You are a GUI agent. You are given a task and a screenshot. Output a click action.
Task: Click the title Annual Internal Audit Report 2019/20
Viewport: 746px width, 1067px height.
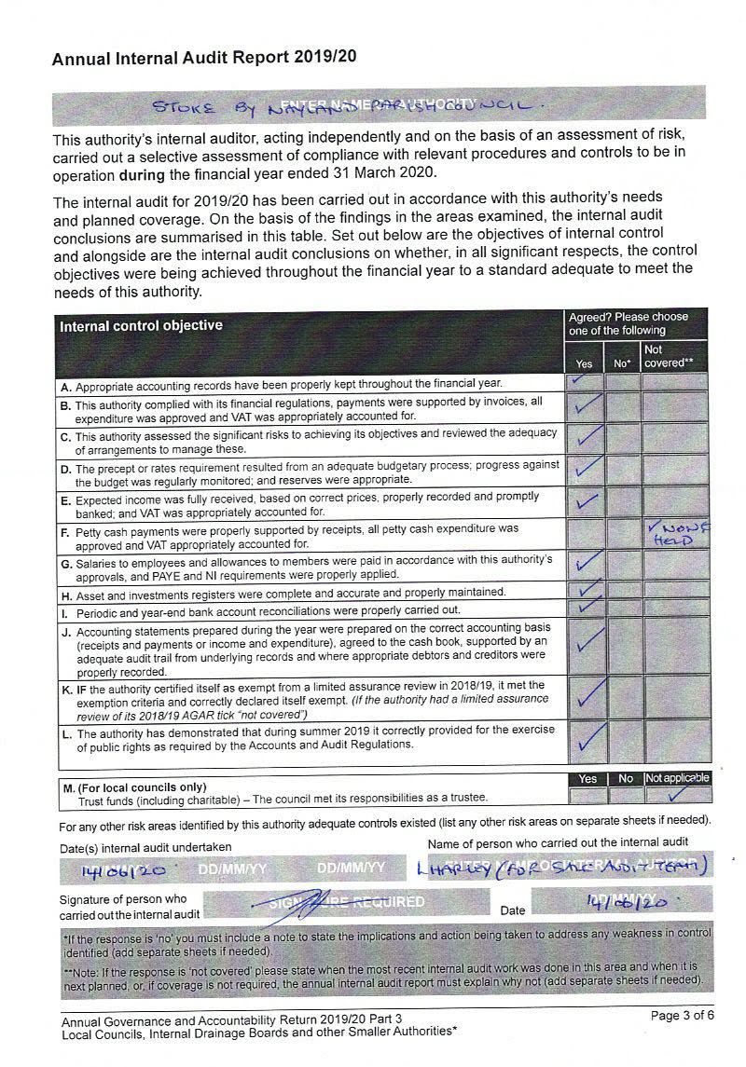coord(204,59)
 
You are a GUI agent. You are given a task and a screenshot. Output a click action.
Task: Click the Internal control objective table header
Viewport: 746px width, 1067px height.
coord(141,326)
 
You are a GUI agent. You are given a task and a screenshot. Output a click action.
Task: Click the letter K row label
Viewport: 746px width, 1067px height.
coord(66,691)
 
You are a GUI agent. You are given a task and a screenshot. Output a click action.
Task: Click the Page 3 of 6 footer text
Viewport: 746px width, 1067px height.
coord(682,1016)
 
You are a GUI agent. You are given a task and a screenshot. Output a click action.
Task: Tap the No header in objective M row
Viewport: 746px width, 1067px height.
coord(625,779)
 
